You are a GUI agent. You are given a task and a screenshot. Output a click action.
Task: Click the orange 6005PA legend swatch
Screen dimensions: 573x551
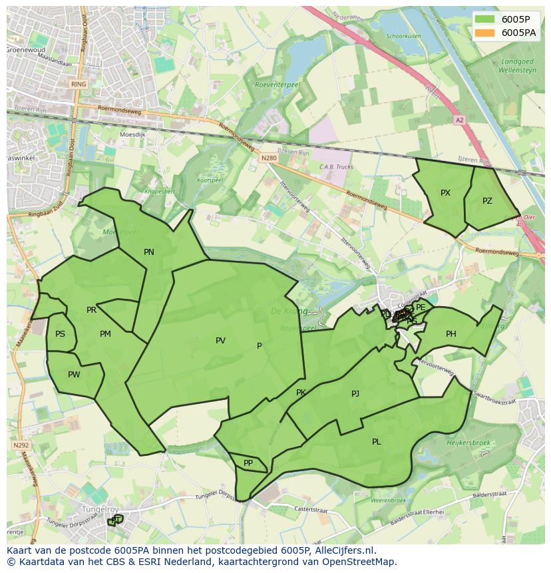[485, 32]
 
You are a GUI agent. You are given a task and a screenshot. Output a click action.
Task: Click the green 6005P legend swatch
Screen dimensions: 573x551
[485, 19]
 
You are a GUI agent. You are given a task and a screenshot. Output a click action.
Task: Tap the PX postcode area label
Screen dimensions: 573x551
[445, 193]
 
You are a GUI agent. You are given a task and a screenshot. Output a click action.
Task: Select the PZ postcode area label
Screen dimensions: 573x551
[487, 200]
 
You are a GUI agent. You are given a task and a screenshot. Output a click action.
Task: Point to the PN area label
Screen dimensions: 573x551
[149, 252]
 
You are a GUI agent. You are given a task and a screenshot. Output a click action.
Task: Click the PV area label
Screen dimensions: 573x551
[220, 341]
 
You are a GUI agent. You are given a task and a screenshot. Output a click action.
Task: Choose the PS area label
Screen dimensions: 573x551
[61, 334]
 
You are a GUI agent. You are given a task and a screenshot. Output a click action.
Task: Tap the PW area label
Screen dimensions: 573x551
[74, 375]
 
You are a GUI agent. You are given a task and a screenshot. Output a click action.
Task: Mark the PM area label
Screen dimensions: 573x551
[105, 334]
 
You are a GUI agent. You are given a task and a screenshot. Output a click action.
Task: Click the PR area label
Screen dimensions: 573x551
[91, 310]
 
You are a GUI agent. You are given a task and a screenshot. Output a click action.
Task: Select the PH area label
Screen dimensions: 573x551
[451, 334]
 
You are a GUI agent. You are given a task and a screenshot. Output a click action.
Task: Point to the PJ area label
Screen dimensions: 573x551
[355, 394]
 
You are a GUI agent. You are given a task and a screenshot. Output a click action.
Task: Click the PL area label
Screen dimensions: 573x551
[377, 442]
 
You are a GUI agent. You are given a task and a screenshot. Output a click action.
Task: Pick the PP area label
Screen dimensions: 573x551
[248, 463]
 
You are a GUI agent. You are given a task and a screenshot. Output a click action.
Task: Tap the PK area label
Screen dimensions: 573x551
[301, 393]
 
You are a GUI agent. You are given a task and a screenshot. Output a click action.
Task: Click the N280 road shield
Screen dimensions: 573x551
[268, 158]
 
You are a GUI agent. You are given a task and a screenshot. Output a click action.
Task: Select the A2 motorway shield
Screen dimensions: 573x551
[459, 120]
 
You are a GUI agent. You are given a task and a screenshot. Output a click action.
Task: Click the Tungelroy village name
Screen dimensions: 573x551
[96, 510]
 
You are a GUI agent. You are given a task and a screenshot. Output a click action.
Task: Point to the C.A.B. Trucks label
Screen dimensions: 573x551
[336, 167]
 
